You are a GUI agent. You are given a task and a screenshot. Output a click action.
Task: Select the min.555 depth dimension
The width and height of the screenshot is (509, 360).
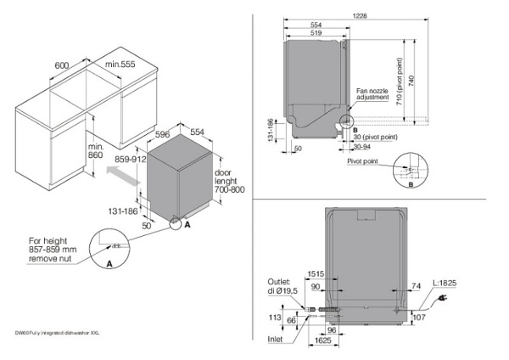pyautogui.click(x=122, y=65)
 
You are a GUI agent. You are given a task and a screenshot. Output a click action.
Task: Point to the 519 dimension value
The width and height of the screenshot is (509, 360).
pyautogui.click(x=316, y=34)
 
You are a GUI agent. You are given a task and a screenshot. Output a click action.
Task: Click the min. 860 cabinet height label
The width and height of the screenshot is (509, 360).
pyautogui.click(x=95, y=152)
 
